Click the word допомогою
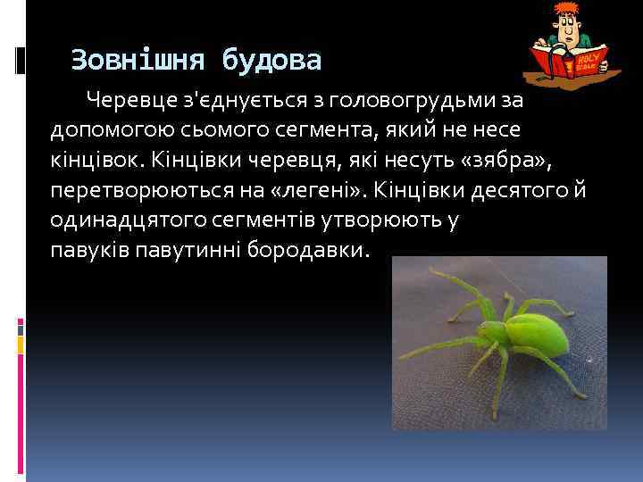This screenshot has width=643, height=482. pyautogui.click(x=101, y=129)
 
